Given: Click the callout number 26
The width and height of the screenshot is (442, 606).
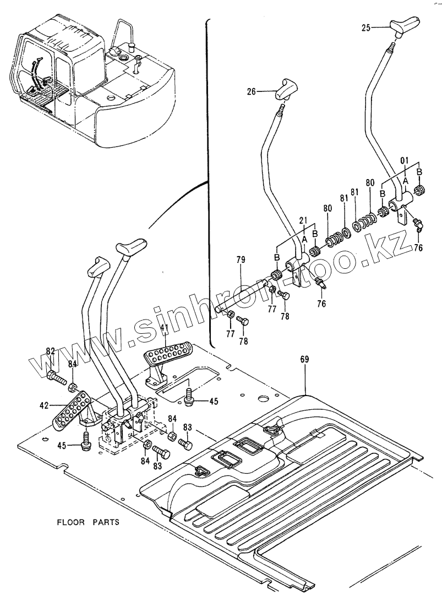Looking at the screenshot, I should coord(251,92).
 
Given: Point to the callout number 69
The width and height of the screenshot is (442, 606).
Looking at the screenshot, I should coord(304,359).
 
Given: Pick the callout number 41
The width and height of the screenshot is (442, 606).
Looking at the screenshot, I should coord(164,328).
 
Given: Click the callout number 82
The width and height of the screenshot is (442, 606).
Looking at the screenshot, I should coord(50,351).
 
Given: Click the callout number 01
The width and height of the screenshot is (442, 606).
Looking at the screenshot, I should coord(405,161).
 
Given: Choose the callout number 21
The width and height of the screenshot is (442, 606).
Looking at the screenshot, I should coord(302,220).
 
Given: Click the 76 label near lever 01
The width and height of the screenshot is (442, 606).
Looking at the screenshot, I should coord(418,248).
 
